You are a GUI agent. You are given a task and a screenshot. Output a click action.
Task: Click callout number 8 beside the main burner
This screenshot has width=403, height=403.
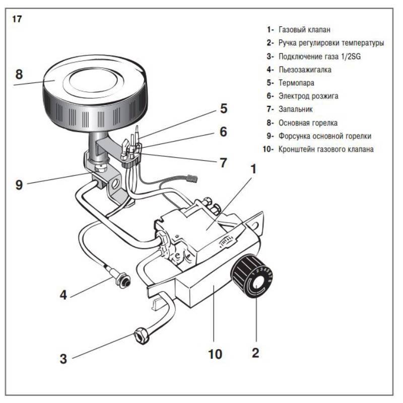tap(19, 74)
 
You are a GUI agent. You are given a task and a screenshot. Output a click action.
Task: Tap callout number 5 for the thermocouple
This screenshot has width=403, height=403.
tap(223, 108)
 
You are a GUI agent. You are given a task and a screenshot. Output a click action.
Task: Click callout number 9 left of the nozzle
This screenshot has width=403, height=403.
tap(19, 184)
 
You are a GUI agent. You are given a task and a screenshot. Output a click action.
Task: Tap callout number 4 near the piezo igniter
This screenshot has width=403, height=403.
tap(63, 294)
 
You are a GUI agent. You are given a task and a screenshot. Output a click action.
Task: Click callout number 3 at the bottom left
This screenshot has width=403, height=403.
tap(63, 359)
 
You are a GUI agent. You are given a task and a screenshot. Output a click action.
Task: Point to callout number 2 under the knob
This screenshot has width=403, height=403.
tap(255, 353)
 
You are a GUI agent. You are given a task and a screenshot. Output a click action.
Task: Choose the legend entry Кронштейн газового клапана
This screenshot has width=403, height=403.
tap(326, 149)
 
